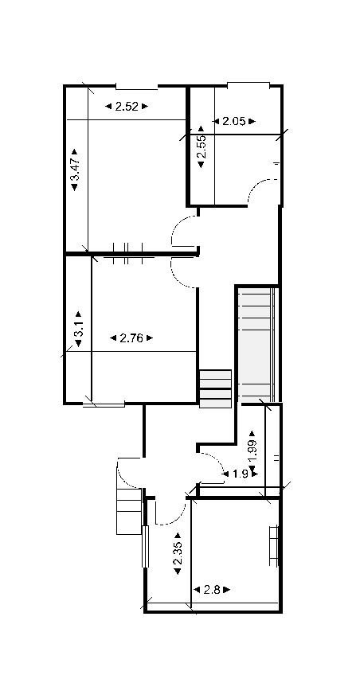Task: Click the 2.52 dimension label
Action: pyautogui.click(x=127, y=106)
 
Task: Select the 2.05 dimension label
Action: pyautogui.click(x=233, y=122)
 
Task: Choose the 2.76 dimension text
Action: pyautogui.click(x=131, y=337)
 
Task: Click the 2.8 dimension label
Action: pyautogui.click(x=212, y=590)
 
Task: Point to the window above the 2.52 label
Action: pyautogui.click(x=137, y=85)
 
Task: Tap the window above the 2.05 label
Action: pyautogui.click(x=248, y=84)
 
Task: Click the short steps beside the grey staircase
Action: pyautogui.click(x=215, y=388)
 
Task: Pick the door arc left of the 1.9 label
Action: pyautogui.click(x=212, y=464)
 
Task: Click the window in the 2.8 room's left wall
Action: pyautogui.click(x=146, y=546)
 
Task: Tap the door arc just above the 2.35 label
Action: pyautogui.click(x=168, y=513)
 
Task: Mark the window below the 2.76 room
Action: pyautogui.click(x=104, y=404)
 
